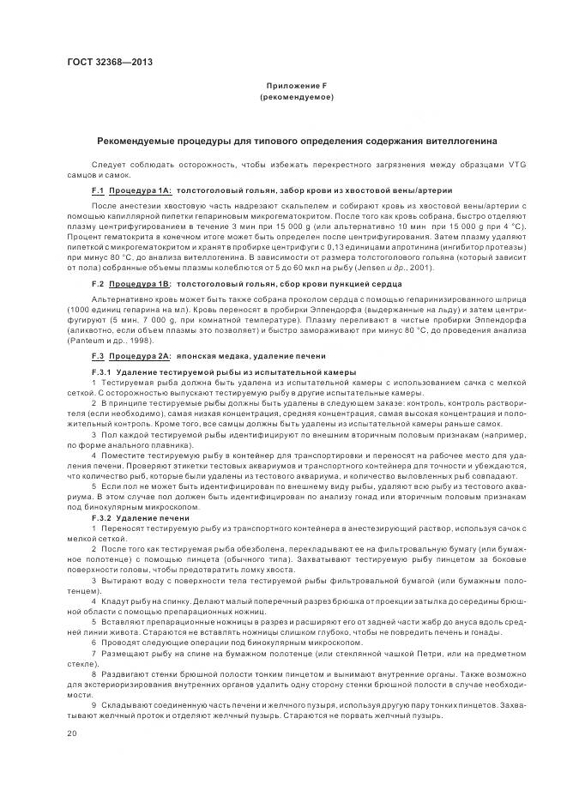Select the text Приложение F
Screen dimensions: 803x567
coord(296,87)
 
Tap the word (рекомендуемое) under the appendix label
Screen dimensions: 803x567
coord(296,97)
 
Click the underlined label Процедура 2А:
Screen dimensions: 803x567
coord(139,355)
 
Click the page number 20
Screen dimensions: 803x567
coord(72,734)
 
